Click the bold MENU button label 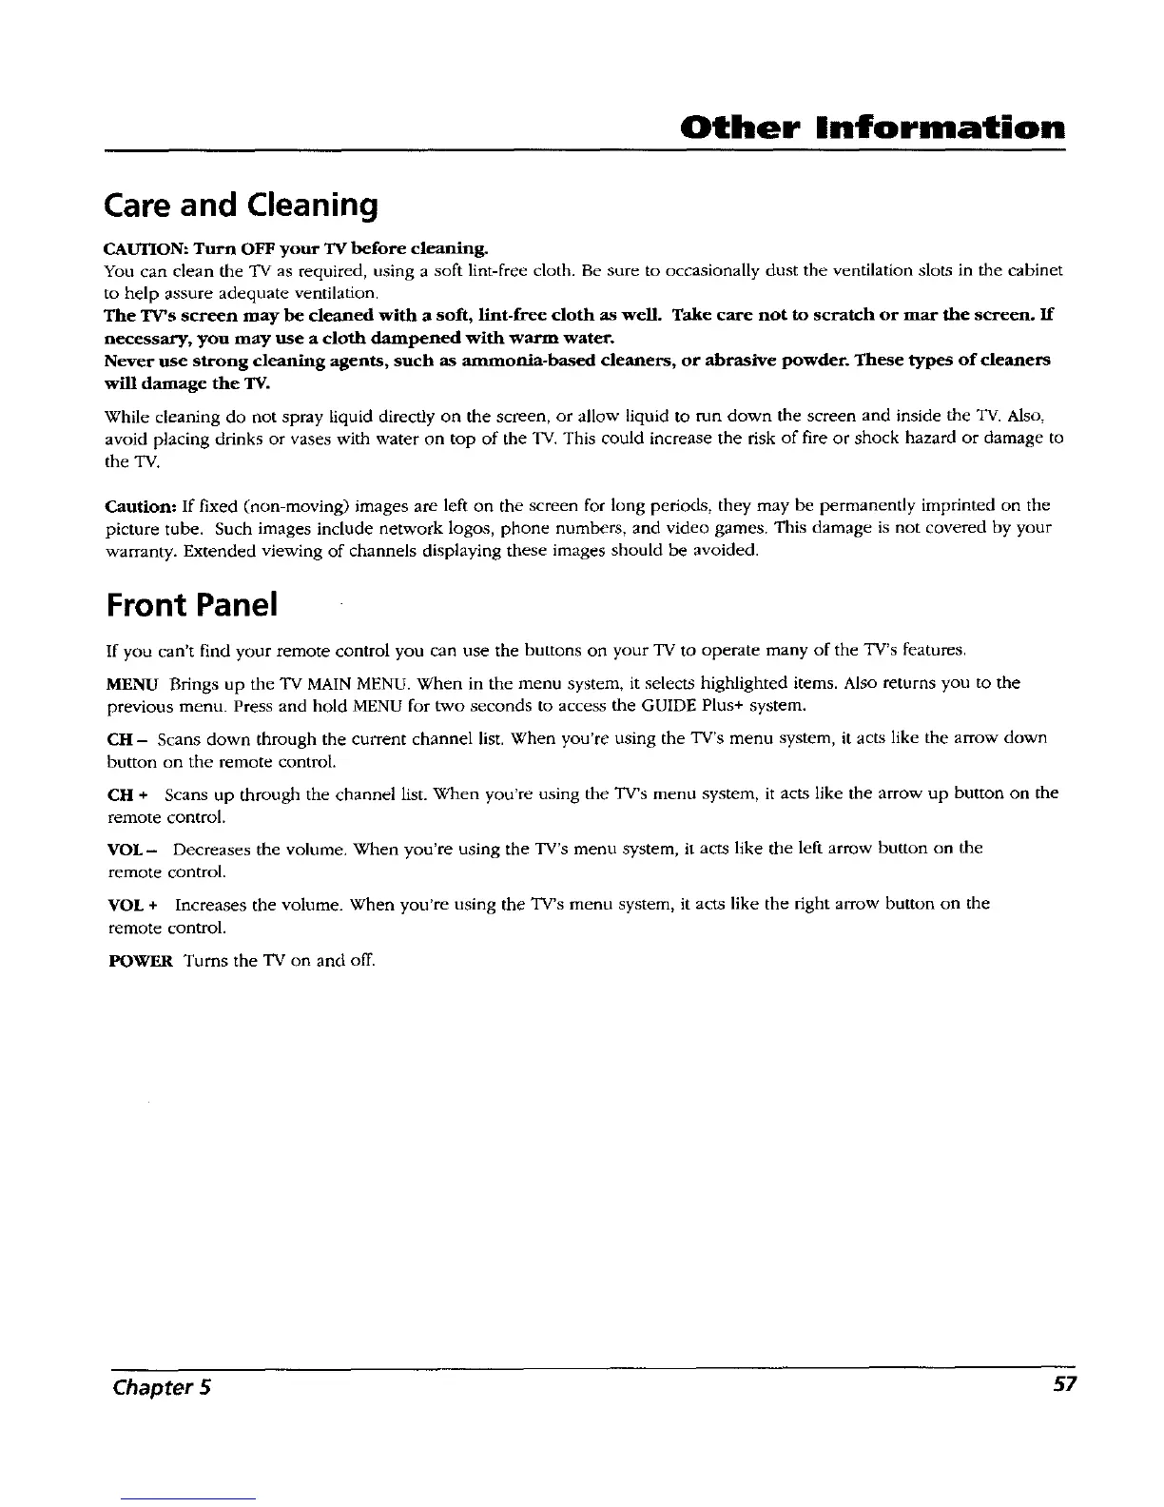coord(127,683)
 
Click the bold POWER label coord(138,960)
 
